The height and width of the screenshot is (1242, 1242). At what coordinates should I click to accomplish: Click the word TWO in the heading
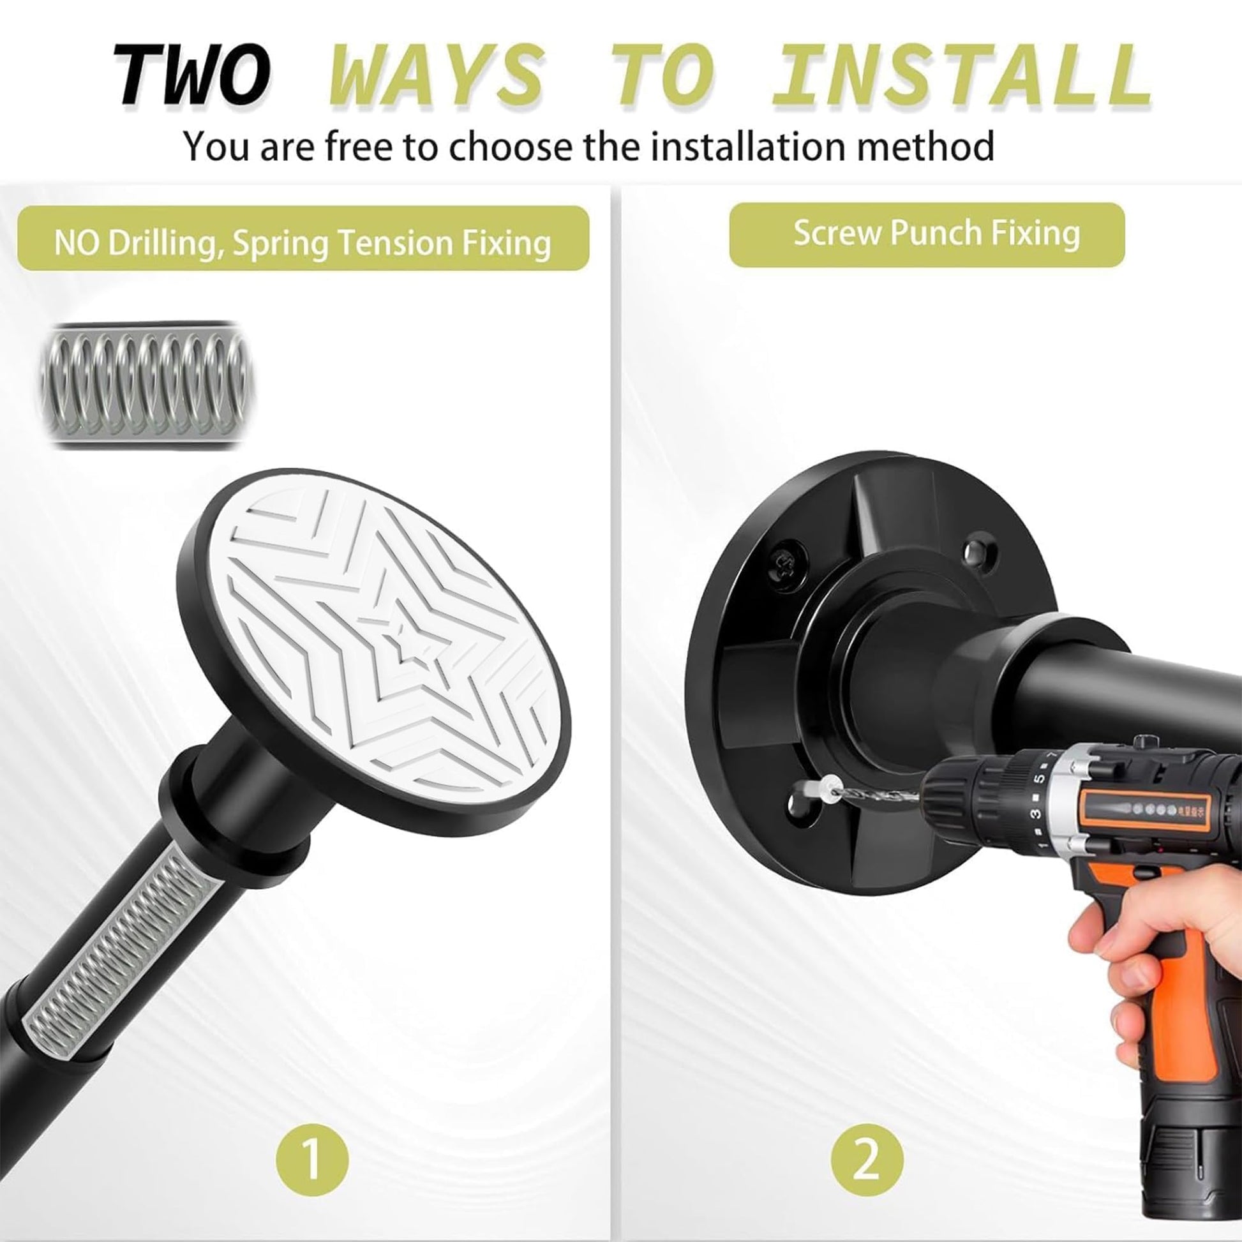(x=191, y=76)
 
